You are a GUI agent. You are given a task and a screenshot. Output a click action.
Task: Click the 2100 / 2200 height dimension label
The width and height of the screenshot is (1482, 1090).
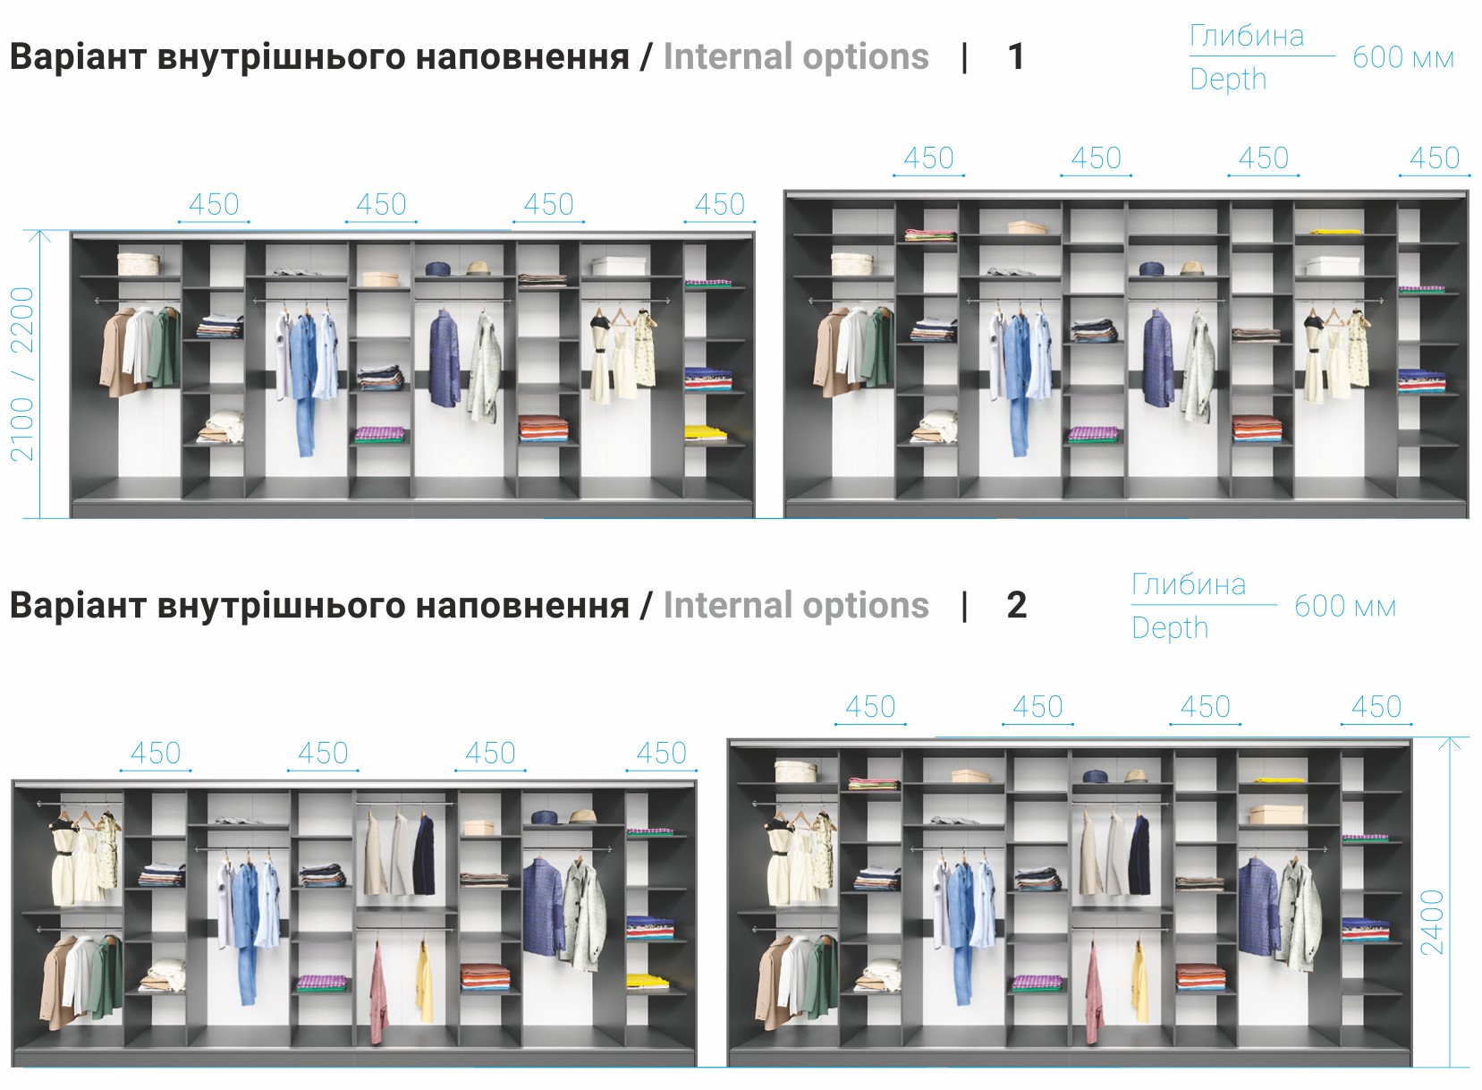pyautogui.click(x=21, y=374)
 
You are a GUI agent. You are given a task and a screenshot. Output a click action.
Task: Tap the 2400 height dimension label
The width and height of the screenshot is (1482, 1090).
pyautogui.click(x=1433, y=922)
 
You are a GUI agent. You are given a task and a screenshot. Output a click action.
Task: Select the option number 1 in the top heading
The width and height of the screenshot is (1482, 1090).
pyautogui.click(x=1015, y=57)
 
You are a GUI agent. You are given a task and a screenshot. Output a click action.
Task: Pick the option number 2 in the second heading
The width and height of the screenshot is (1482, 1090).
pyautogui.click(x=1016, y=605)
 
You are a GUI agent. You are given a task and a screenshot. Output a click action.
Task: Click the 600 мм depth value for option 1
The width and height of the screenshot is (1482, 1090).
pyautogui.click(x=1403, y=58)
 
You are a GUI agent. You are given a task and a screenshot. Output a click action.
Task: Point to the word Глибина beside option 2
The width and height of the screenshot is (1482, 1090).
pyautogui.click(x=1189, y=584)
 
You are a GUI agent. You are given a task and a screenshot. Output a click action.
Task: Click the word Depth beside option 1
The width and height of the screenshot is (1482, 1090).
pyautogui.click(x=1228, y=80)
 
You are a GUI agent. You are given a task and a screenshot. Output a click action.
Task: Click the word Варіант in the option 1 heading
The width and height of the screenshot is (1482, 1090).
pyautogui.click(x=78, y=57)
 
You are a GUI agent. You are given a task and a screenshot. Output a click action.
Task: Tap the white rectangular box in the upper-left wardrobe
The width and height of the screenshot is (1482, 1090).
pyautogui.click(x=619, y=266)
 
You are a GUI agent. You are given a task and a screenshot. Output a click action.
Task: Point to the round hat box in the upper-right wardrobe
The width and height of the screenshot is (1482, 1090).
pyautogui.click(x=852, y=263)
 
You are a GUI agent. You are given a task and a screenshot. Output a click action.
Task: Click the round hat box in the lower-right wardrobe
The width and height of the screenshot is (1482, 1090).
pyautogui.click(x=796, y=771)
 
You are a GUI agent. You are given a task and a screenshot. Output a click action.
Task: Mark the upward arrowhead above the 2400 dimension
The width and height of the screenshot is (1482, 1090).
pyautogui.click(x=1450, y=744)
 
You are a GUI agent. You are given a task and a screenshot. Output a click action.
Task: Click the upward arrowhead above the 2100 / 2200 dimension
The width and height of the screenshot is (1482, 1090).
pyautogui.click(x=39, y=236)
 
